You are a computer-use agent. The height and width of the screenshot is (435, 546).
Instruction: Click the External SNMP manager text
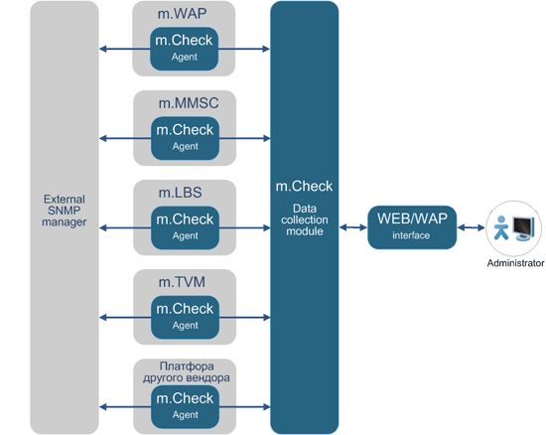point(65,211)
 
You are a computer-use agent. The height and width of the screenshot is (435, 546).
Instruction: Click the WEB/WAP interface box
point(411,227)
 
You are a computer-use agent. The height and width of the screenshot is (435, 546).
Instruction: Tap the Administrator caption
point(515,263)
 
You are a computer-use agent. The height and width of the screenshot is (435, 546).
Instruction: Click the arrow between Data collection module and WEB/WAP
point(352,227)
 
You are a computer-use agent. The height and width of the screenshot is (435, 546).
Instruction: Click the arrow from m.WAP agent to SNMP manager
point(124,49)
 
